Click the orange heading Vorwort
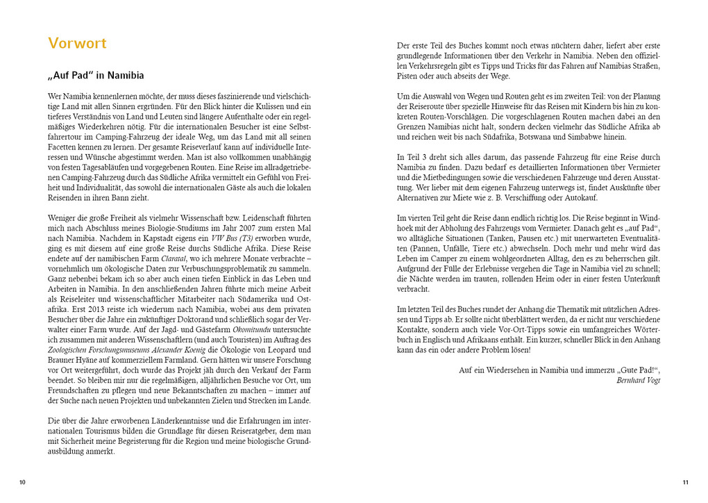[77, 43]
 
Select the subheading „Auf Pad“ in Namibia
[96, 76]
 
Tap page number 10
[22, 482]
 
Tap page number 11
[685, 482]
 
